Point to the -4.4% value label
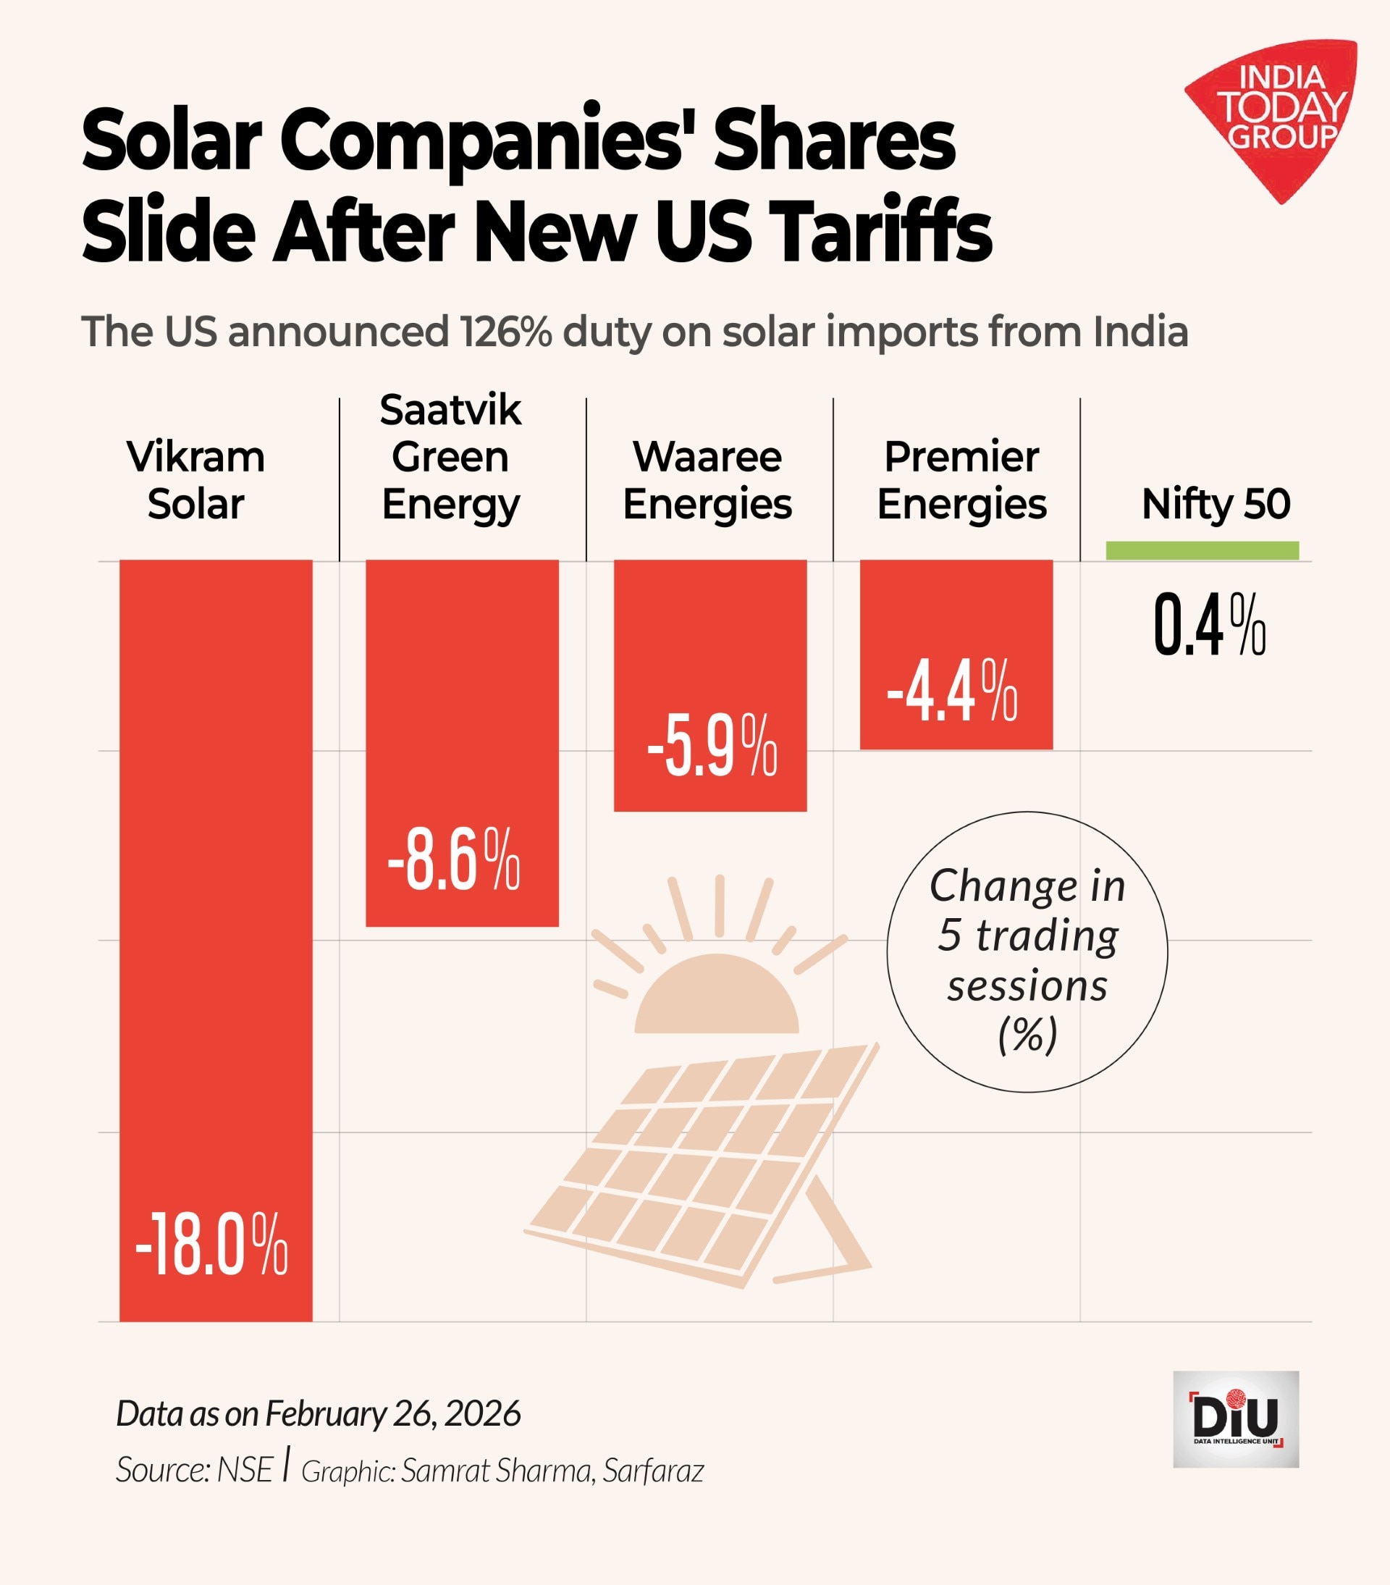[x=952, y=690]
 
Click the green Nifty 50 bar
[x=1202, y=550]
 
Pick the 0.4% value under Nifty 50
[x=1209, y=625]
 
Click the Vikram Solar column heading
[x=195, y=480]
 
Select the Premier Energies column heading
[x=961, y=480]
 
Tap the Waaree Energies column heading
[x=707, y=480]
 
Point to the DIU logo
[x=1236, y=1419]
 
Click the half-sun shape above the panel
[x=716, y=996]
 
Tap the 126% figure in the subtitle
[x=505, y=332]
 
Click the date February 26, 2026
[x=392, y=1413]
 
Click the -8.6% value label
[x=453, y=859]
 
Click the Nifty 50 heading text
[x=1216, y=504]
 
